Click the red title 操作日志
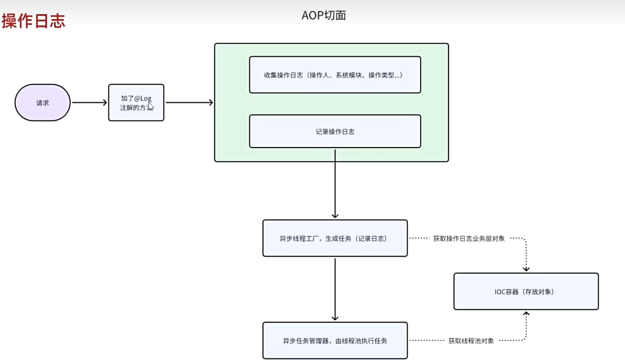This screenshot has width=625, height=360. [x=34, y=21]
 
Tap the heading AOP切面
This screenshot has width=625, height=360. [x=323, y=15]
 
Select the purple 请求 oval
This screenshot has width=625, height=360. [x=43, y=103]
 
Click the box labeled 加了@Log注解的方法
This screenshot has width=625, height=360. [x=136, y=103]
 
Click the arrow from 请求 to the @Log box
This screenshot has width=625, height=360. [x=89, y=103]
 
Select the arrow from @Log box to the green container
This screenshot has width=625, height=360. [x=189, y=103]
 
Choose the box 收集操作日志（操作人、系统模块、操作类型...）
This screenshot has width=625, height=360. [x=335, y=75]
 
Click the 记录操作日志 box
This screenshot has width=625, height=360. [x=335, y=131]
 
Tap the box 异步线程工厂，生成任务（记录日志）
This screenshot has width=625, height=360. [x=335, y=238]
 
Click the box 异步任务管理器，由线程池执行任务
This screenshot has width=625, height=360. [x=335, y=341]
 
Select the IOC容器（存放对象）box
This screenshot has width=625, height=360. [x=526, y=292]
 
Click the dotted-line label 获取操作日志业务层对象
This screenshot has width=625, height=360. [x=469, y=238]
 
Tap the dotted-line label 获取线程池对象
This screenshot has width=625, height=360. [x=471, y=341]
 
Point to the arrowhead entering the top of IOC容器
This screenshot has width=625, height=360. [x=526, y=269]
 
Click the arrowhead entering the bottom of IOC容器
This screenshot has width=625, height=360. [x=526, y=314]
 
